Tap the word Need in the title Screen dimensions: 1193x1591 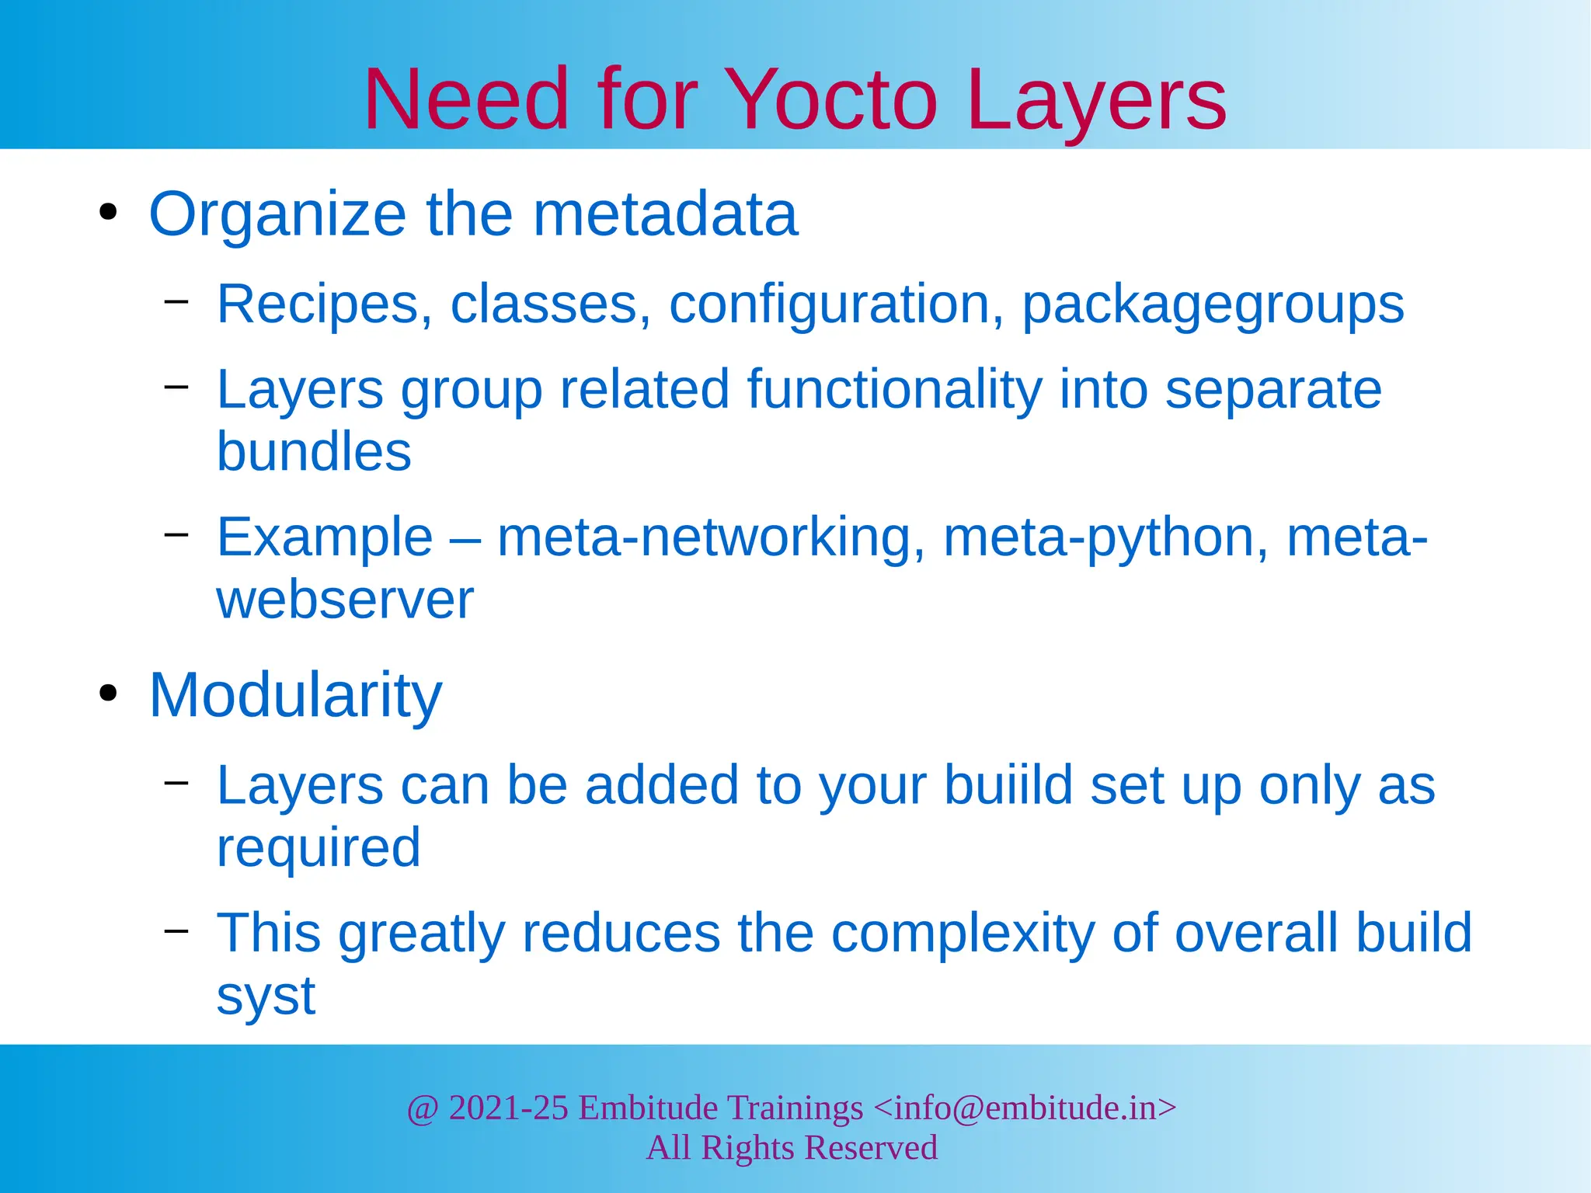click(x=467, y=100)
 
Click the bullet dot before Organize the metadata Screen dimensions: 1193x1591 click(x=108, y=212)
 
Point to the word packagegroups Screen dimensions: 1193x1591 click(x=1213, y=304)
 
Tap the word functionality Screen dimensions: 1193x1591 click(x=894, y=390)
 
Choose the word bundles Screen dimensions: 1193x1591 click(x=314, y=452)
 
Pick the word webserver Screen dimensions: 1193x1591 click(x=345, y=600)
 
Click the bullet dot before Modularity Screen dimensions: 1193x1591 click(x=108, y=693)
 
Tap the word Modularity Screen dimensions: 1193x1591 click(x=295, y=695)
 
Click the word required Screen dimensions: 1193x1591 click(x=319, y=848)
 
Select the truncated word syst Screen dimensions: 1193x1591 click(x=266, y=996)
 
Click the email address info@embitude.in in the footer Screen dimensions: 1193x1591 click(x=1025, y=1108)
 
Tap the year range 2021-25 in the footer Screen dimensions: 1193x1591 click(x=509, y=1108)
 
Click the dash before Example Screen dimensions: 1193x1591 click(x=176, y=534)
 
